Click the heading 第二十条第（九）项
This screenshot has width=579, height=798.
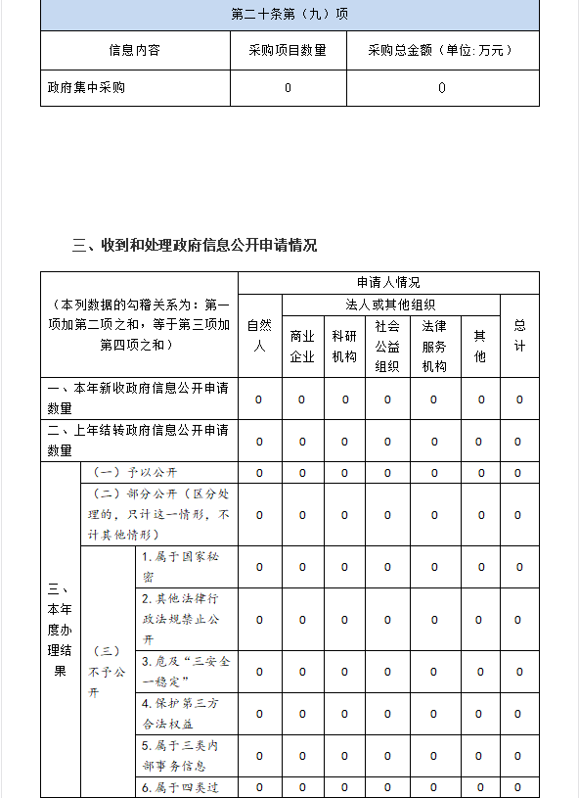(x=289, y=15)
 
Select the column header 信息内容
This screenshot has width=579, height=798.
(x=135, y=50)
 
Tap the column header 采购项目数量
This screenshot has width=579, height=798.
(x=288, y=50)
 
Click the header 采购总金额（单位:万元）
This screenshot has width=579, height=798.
(x=442, y=50)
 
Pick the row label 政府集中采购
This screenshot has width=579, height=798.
(x=87, y=87)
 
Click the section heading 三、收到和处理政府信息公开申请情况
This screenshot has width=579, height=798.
(x=195, y=245)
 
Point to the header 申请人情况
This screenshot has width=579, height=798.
(x=388, y=282)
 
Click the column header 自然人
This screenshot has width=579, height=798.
(x=259, y=335)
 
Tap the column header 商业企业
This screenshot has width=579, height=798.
(x=302, y=346)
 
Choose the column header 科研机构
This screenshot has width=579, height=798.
(x=344, y=346)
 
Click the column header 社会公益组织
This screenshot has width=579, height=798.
(x=387, y=346)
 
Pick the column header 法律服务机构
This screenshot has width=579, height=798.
(x=434, y=346)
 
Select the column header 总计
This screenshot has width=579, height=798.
(x=519, y=335)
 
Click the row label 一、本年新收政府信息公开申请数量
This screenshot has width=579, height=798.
(x=138, y=399)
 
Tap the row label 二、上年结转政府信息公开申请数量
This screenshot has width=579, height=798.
(x=138, y=441)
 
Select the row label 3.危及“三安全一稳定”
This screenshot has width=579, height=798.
(x=186, y=672)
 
